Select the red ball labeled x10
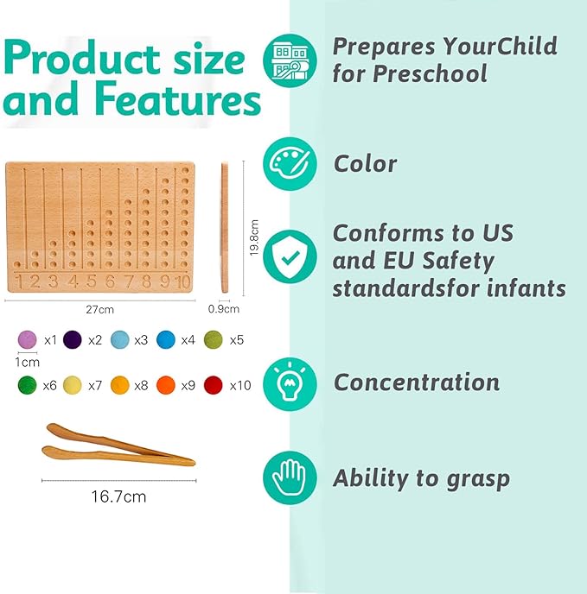click(x=214, y=385)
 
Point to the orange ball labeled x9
click(x=167, y=385)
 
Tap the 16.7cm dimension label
click(x=118, y=496)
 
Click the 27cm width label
click(x=102, y=308)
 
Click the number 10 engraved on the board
click(x=181, y=281)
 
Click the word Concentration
click(x=417, y=382)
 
